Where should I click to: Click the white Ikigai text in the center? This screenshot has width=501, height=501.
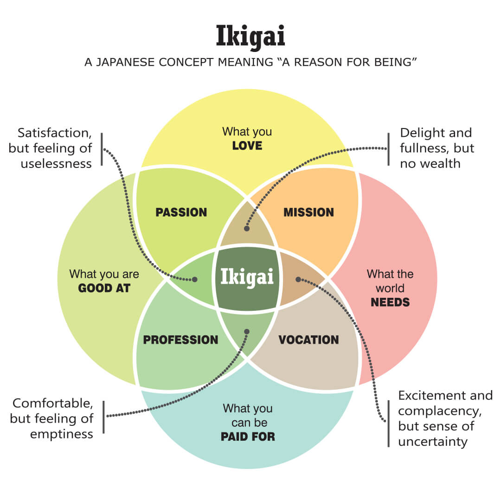(x=247, y=277)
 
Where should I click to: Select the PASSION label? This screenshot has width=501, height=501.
(x=181, y=212)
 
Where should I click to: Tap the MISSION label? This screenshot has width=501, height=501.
(x=308, y=212)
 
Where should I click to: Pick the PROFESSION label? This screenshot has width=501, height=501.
(x=180, y=340)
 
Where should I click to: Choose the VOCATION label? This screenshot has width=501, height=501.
(x=308, y=340)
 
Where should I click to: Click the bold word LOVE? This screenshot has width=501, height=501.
(x=247, y=146)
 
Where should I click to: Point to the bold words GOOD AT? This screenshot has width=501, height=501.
(x=104, y=288)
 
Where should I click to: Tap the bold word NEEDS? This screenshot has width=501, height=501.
(x=390, y=302)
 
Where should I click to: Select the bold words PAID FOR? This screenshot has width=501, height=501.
(x=248, y=437)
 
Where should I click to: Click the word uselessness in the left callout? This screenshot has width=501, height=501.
(x=56, y=164)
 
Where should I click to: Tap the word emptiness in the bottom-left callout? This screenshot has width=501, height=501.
(x=62, y=434)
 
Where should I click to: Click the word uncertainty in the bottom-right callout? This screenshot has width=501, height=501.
(x=432, y=441)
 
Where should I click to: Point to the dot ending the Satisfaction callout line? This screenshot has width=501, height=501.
(x=195, y=280)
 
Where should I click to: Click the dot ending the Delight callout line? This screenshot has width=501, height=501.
(x=247, y=229)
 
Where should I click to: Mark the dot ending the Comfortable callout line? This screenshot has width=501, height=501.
(x=247, y=331)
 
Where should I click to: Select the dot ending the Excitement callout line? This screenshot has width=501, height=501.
(x=298, y=279)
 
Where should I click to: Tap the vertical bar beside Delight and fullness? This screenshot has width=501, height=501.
(x=388, y=148)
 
